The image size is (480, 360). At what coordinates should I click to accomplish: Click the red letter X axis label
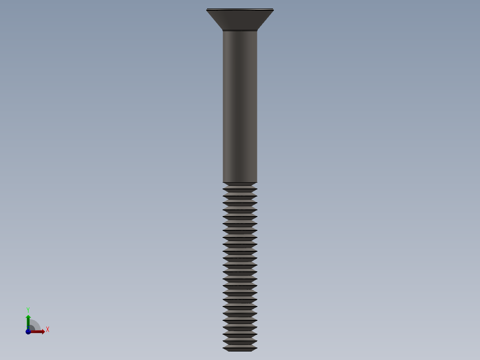click(x=47, y=330)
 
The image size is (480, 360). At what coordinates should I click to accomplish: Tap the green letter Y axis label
click(x=28, y=310)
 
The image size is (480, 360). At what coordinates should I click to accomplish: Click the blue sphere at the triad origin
click(x=28, y=331)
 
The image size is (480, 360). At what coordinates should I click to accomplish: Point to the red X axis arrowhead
click(x=43, y=331)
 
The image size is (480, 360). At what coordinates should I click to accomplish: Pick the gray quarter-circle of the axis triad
click(x=35, y=325)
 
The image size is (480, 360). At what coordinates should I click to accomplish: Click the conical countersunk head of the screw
click(x=240, y=20)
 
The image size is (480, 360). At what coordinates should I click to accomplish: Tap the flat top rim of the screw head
click(x=240, y=9)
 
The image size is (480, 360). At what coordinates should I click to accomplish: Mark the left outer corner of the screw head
click(x=207, y=10)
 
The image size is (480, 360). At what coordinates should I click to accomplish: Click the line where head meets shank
click(x=240, y=30)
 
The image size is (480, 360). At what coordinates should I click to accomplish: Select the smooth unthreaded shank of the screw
click(x=240, y=107)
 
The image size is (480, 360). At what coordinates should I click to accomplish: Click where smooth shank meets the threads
click(x=240, y=182)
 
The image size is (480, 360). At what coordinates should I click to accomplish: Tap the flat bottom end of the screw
click(x=240, y=350)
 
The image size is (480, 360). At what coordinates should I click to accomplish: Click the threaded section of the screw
click(x=240, y=267)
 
